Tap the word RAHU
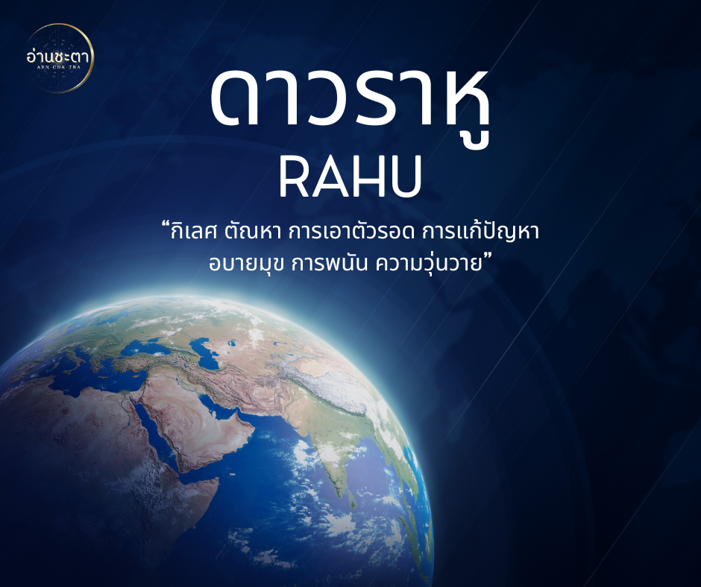[350, 176]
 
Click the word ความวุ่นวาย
[430, 263]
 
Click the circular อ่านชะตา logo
[59, 58]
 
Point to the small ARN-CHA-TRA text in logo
[59, 68]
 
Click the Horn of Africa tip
[218, 479]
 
